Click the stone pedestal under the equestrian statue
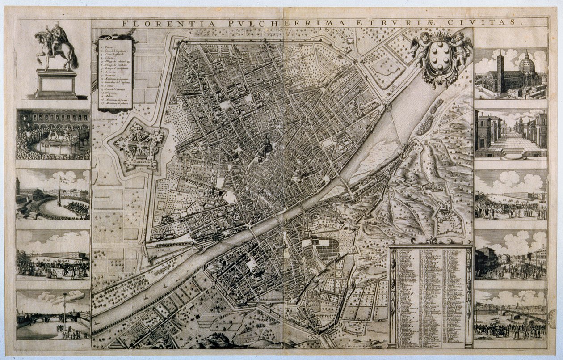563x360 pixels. (56, 84)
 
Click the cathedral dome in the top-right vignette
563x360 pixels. (527, 65)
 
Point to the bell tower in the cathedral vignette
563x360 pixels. (500, 72)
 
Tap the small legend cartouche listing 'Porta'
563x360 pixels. (116, 73)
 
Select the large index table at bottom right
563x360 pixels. (431, 297)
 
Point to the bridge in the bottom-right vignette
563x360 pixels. (518, 313)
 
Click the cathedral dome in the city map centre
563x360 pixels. (266, 144)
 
